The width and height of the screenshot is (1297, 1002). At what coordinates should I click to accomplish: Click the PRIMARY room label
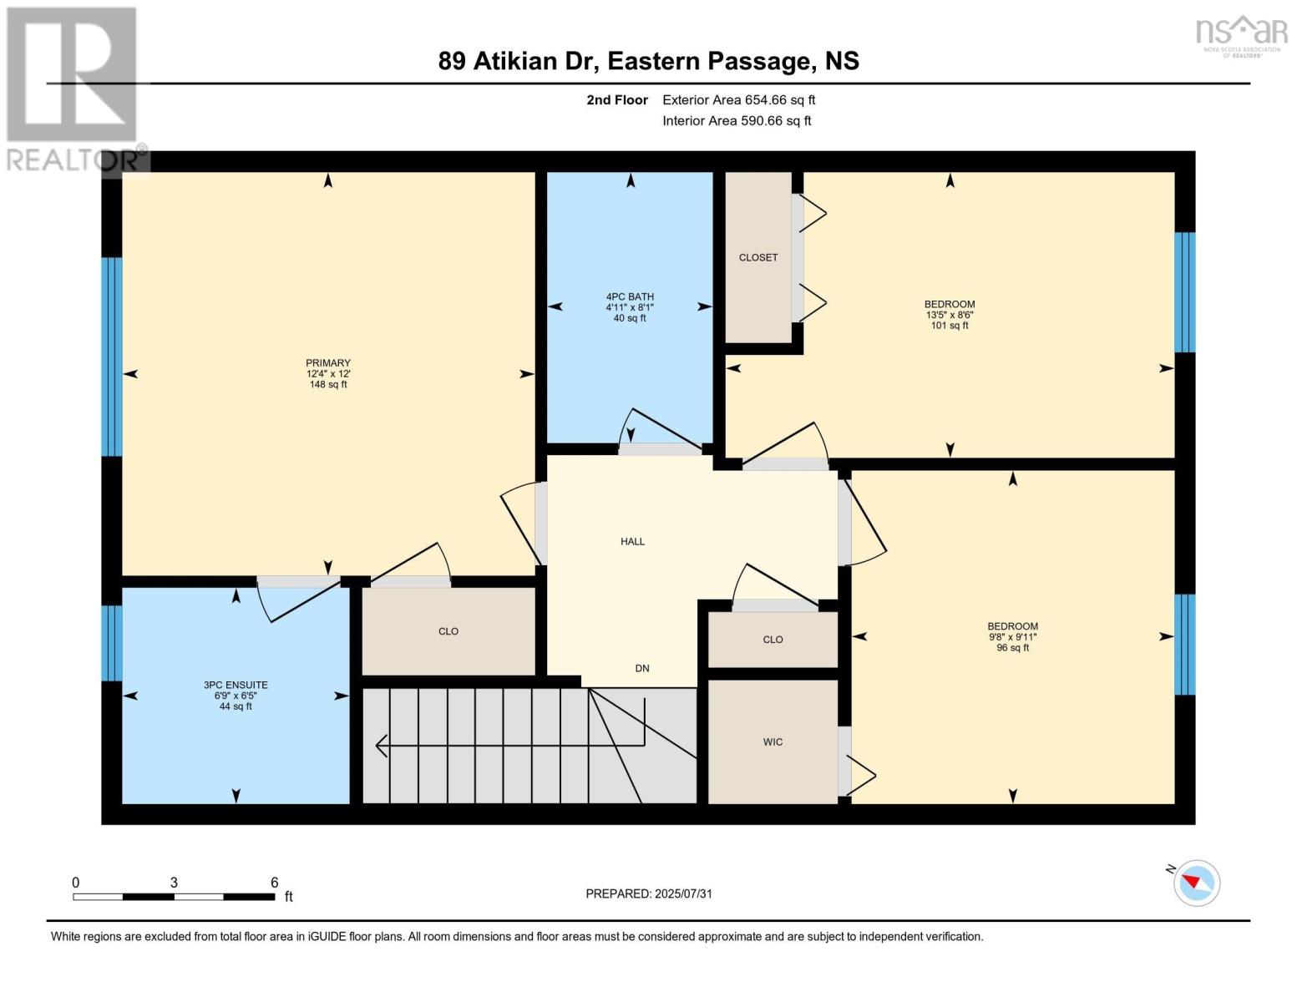(328, 363)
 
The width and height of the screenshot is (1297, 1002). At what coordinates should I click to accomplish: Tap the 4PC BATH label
(630, 296)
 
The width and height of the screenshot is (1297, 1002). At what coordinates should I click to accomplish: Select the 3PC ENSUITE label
(236, 685)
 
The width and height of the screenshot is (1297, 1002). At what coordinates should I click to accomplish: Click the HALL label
(632, 541)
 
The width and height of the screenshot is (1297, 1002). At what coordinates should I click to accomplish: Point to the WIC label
(773, 741)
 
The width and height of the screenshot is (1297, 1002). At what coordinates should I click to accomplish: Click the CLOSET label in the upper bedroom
(758, 257)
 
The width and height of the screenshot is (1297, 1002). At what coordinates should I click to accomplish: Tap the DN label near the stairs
(641, 668)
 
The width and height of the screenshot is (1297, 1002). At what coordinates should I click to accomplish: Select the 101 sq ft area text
(950, 326)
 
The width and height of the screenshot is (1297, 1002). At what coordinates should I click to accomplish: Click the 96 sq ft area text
(1012, 648)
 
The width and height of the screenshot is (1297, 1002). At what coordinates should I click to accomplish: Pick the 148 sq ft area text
(328, 385)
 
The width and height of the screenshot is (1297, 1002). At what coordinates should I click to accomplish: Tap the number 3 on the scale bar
(174, 883)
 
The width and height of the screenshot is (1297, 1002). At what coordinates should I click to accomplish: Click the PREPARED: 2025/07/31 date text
(649, 893)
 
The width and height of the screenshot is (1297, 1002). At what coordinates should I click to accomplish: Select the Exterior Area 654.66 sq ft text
(738, 100)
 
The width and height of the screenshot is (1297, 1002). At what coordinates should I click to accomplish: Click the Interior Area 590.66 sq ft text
(737, 121)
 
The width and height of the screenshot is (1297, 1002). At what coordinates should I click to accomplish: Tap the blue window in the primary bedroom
(112, 357)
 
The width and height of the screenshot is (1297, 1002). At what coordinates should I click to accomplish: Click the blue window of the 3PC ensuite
(112, 643)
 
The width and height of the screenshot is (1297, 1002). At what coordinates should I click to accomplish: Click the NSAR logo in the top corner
(1242, 33)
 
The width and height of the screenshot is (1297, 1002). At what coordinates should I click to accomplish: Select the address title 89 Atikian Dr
(519, 61)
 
